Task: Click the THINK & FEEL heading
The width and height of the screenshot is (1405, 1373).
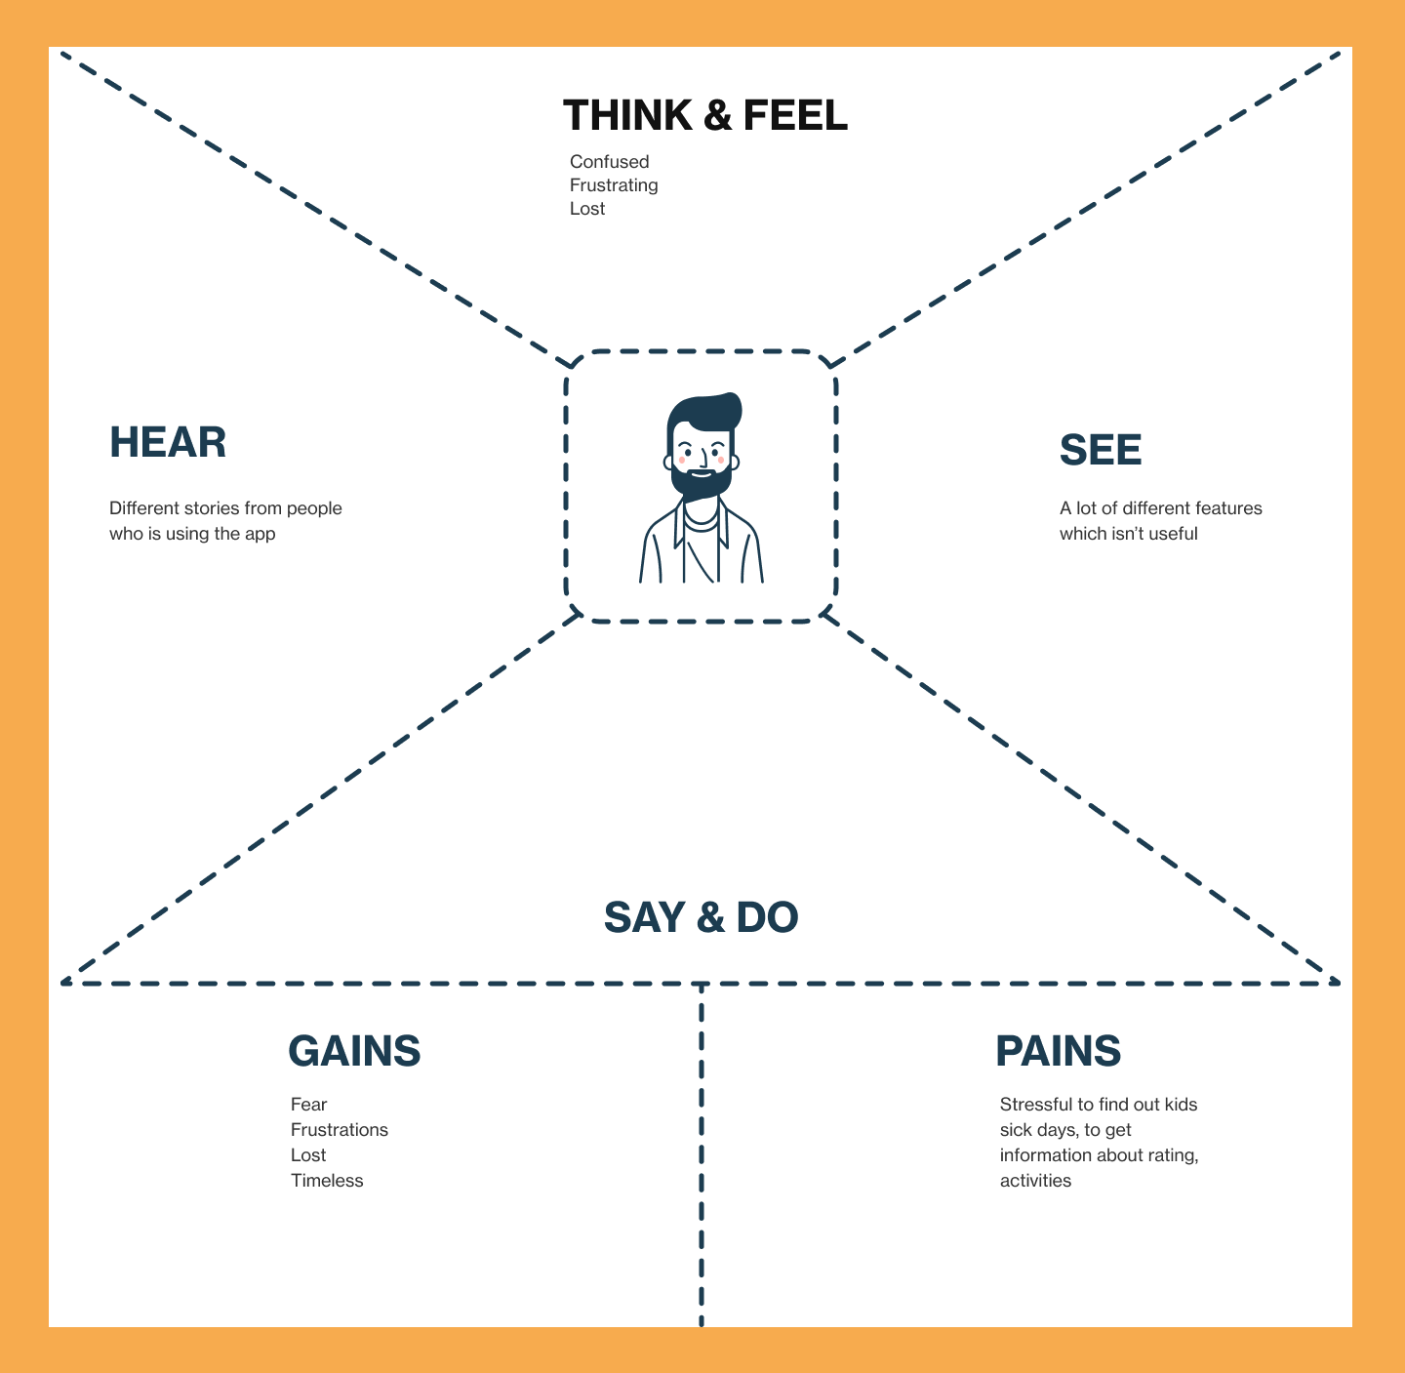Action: [x=705, y=115]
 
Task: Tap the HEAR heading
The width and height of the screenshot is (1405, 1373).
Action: [x=168, y=442]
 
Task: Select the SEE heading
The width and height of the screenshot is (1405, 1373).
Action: [x=1101, y=450]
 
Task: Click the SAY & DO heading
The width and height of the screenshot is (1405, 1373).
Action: [x=701, y=917]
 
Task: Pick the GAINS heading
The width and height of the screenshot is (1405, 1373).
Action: [x=354, y=1051]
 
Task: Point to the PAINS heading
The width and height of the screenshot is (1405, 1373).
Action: [x=1058, y=1051]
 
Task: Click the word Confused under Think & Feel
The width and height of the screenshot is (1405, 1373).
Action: [x=609, y=162]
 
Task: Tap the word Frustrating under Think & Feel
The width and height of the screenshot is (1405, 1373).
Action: [x=614, y=185]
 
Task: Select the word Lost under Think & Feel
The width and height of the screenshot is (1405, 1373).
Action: [x=587, y=209]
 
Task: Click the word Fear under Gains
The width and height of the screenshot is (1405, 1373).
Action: [x=308, y=1105]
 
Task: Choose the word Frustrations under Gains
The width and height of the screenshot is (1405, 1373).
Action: [x=340, y=1130]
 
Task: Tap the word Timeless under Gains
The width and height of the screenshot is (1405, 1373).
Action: [x=327, y=1181]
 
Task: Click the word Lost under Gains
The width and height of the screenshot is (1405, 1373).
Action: [x=308, y=1155]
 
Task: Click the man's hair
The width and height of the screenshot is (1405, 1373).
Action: [x=704, y=410]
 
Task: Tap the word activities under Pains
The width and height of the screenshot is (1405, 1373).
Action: [x=1035, y=1181]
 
